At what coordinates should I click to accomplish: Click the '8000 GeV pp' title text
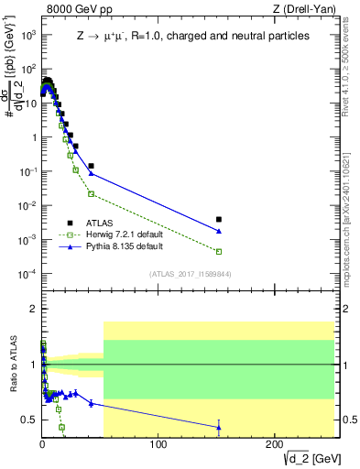74,9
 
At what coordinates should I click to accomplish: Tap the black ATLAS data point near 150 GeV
218,220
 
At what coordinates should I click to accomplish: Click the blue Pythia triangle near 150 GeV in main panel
218,231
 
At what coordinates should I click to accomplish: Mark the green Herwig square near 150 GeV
218,251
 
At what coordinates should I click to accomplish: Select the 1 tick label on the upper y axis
31,137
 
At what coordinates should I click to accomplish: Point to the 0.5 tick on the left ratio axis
27,420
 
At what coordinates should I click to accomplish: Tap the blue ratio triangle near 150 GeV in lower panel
218,426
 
